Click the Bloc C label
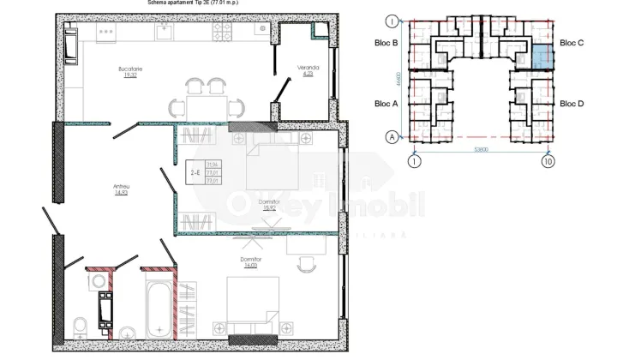(572, 42)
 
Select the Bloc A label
(387, 103)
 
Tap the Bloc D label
(572, 103)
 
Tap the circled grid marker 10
(548, 160)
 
